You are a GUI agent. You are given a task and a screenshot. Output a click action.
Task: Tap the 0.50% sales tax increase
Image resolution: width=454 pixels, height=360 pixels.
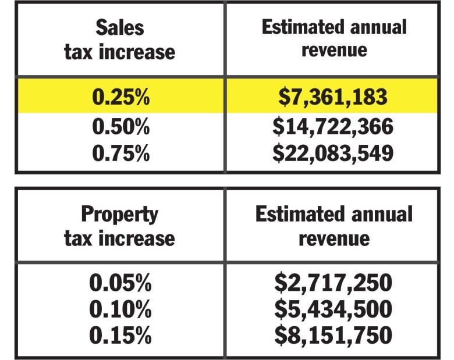(x=120, y=126)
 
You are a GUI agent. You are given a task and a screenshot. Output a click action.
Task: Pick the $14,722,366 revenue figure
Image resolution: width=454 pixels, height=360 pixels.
(x=332, y=126)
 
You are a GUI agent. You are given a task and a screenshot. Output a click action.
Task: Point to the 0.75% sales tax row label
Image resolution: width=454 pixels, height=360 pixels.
(x=120, y=153)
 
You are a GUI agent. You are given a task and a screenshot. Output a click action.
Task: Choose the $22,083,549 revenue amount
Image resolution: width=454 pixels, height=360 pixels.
(x=332, y=153)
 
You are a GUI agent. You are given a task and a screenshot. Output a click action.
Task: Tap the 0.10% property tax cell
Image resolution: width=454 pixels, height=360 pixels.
(x=120, y=309)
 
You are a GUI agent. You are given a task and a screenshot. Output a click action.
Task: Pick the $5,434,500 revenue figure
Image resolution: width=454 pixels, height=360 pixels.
(x=332, y=309)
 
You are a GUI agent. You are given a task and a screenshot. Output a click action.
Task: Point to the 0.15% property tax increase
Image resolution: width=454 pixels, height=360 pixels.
(x=120, y=336)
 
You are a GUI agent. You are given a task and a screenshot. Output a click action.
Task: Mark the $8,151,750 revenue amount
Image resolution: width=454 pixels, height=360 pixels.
(x=332, y=336)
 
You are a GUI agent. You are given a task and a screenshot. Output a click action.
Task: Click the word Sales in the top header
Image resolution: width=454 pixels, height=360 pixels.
(x=120, y=27)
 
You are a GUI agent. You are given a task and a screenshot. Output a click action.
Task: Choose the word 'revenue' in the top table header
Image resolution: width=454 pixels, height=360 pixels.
(x=334, y=50)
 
